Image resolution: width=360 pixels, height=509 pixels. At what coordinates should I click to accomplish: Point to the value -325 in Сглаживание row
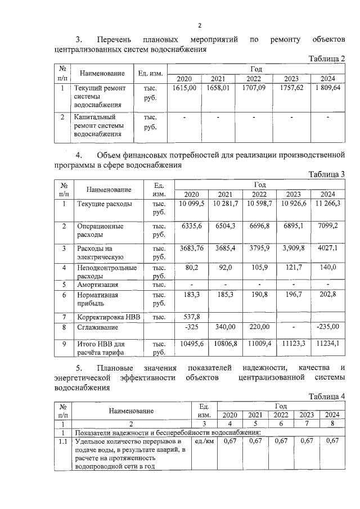click(x=192, y=327)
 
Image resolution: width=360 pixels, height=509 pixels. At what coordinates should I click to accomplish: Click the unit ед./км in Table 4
click(x=204, y=442)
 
